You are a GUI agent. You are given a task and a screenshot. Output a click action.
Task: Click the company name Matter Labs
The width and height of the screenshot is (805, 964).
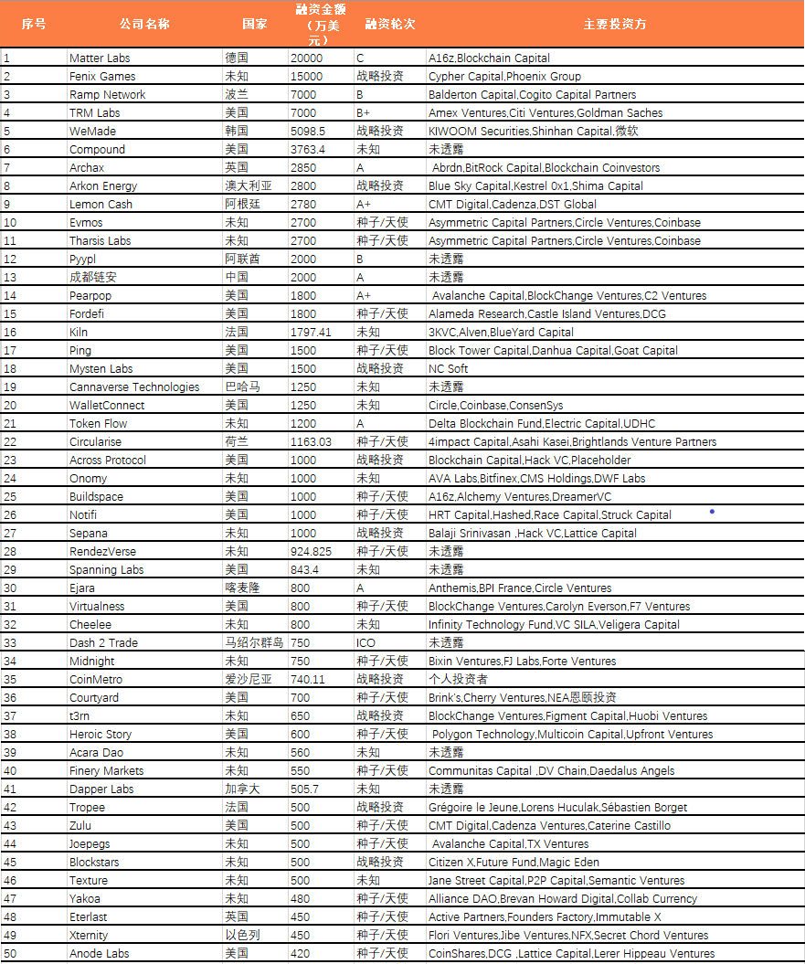[x=100, y=58]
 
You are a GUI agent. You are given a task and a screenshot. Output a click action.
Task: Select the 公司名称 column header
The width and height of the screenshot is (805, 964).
[x=144, y=24]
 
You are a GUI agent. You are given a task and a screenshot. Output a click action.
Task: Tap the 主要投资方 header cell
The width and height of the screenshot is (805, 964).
[x=614, y=24]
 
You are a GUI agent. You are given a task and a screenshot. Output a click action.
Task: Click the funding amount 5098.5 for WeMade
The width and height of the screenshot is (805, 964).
[x=312, y=132]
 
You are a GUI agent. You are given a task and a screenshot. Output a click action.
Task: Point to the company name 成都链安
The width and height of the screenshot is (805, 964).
[x=93, y=278]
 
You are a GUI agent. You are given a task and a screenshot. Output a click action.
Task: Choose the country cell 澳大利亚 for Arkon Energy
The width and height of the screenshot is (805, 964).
[x=249, y=186]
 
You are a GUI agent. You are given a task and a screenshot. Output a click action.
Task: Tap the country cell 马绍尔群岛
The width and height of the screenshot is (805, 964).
[x=254, y=643]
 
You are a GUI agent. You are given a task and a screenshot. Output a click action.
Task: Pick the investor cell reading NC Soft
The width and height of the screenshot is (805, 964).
[x=449, y=369]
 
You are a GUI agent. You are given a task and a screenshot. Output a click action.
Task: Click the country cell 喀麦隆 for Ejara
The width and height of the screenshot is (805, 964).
[x=242, y=588]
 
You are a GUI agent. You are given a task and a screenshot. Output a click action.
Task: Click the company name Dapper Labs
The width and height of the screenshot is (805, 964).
[x=101, y=789]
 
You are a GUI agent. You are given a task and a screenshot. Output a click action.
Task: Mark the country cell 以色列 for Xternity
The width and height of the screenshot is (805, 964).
[x=242, y=936]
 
